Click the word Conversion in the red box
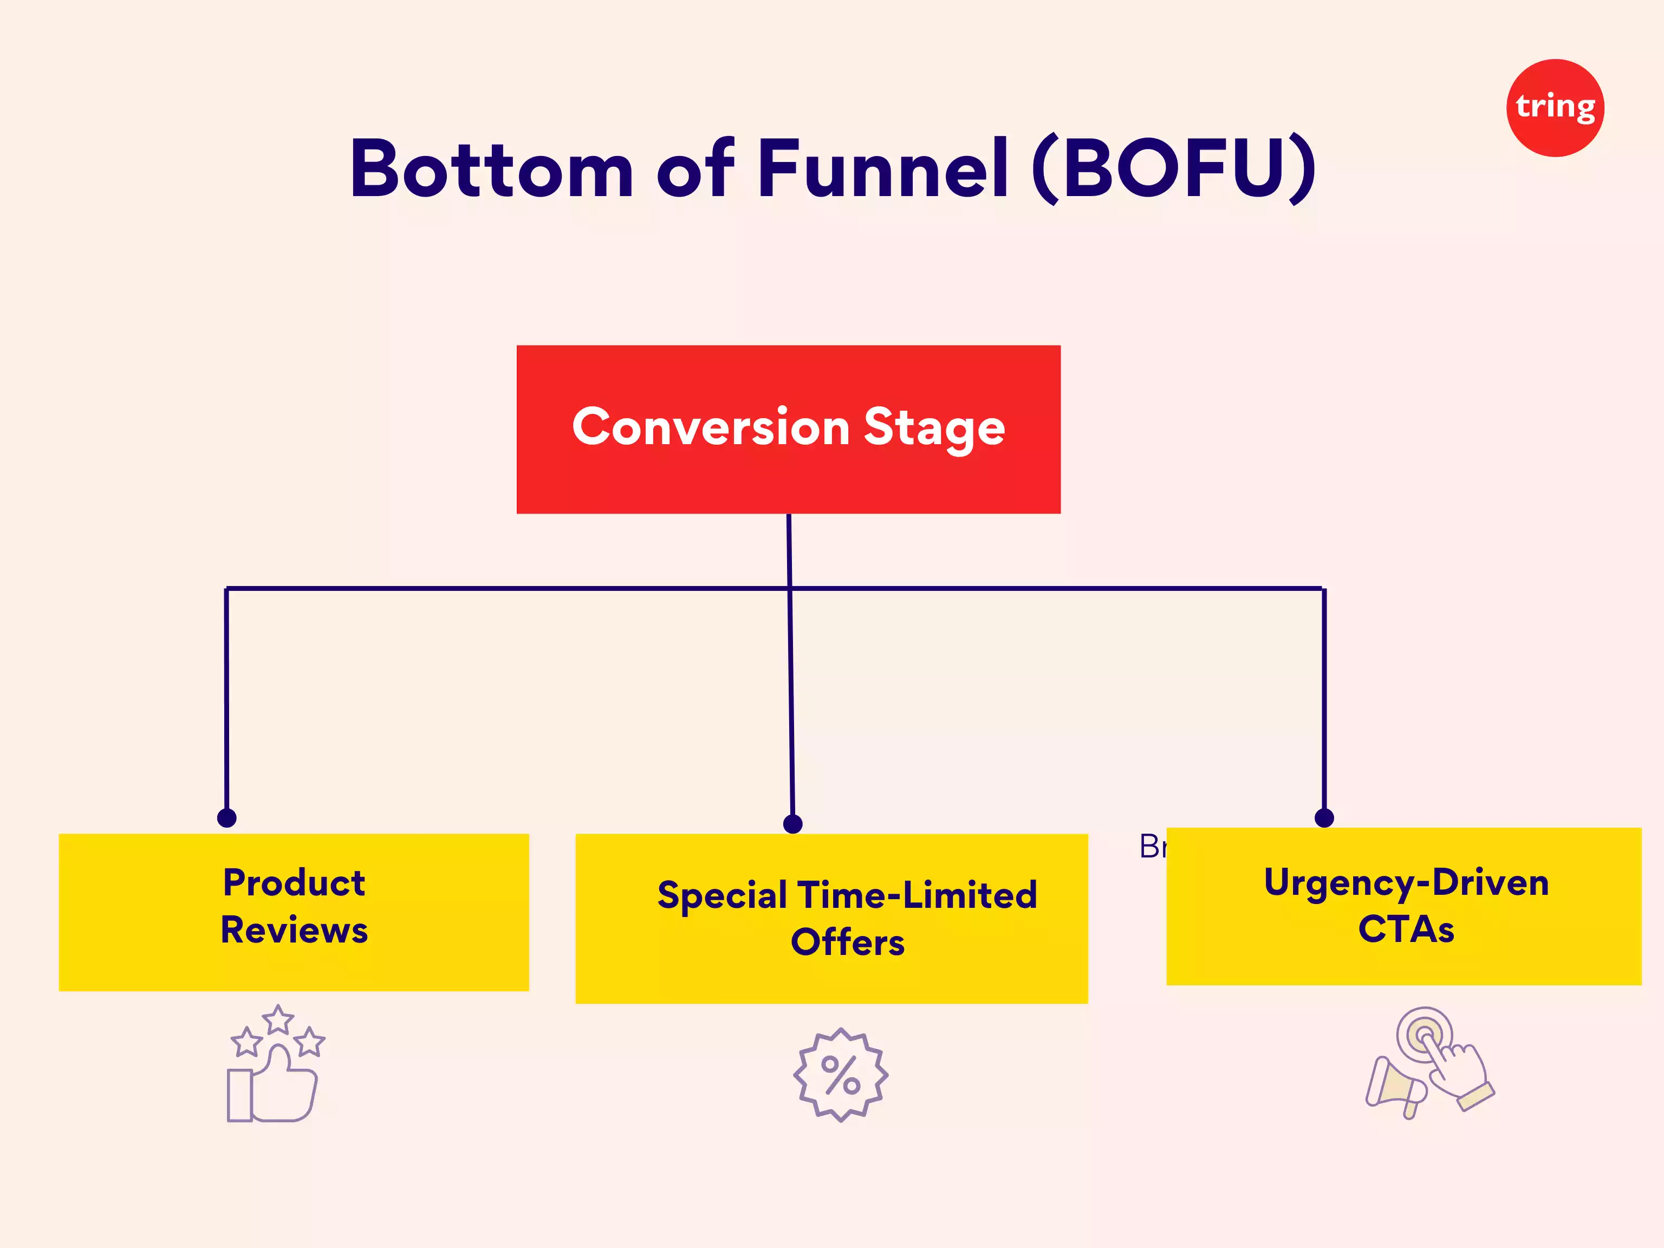[711, 427]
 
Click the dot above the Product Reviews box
[226, 818]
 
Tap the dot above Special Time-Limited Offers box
[793, 824]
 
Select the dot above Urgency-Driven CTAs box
[1324, 818]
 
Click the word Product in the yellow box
[294, 882]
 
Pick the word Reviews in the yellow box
[294, 930]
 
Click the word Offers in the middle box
[847, 942]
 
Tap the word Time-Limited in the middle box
[917, 895]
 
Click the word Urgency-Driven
[1406, 882]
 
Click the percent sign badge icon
[840, 1074]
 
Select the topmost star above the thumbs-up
[278, 1020]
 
